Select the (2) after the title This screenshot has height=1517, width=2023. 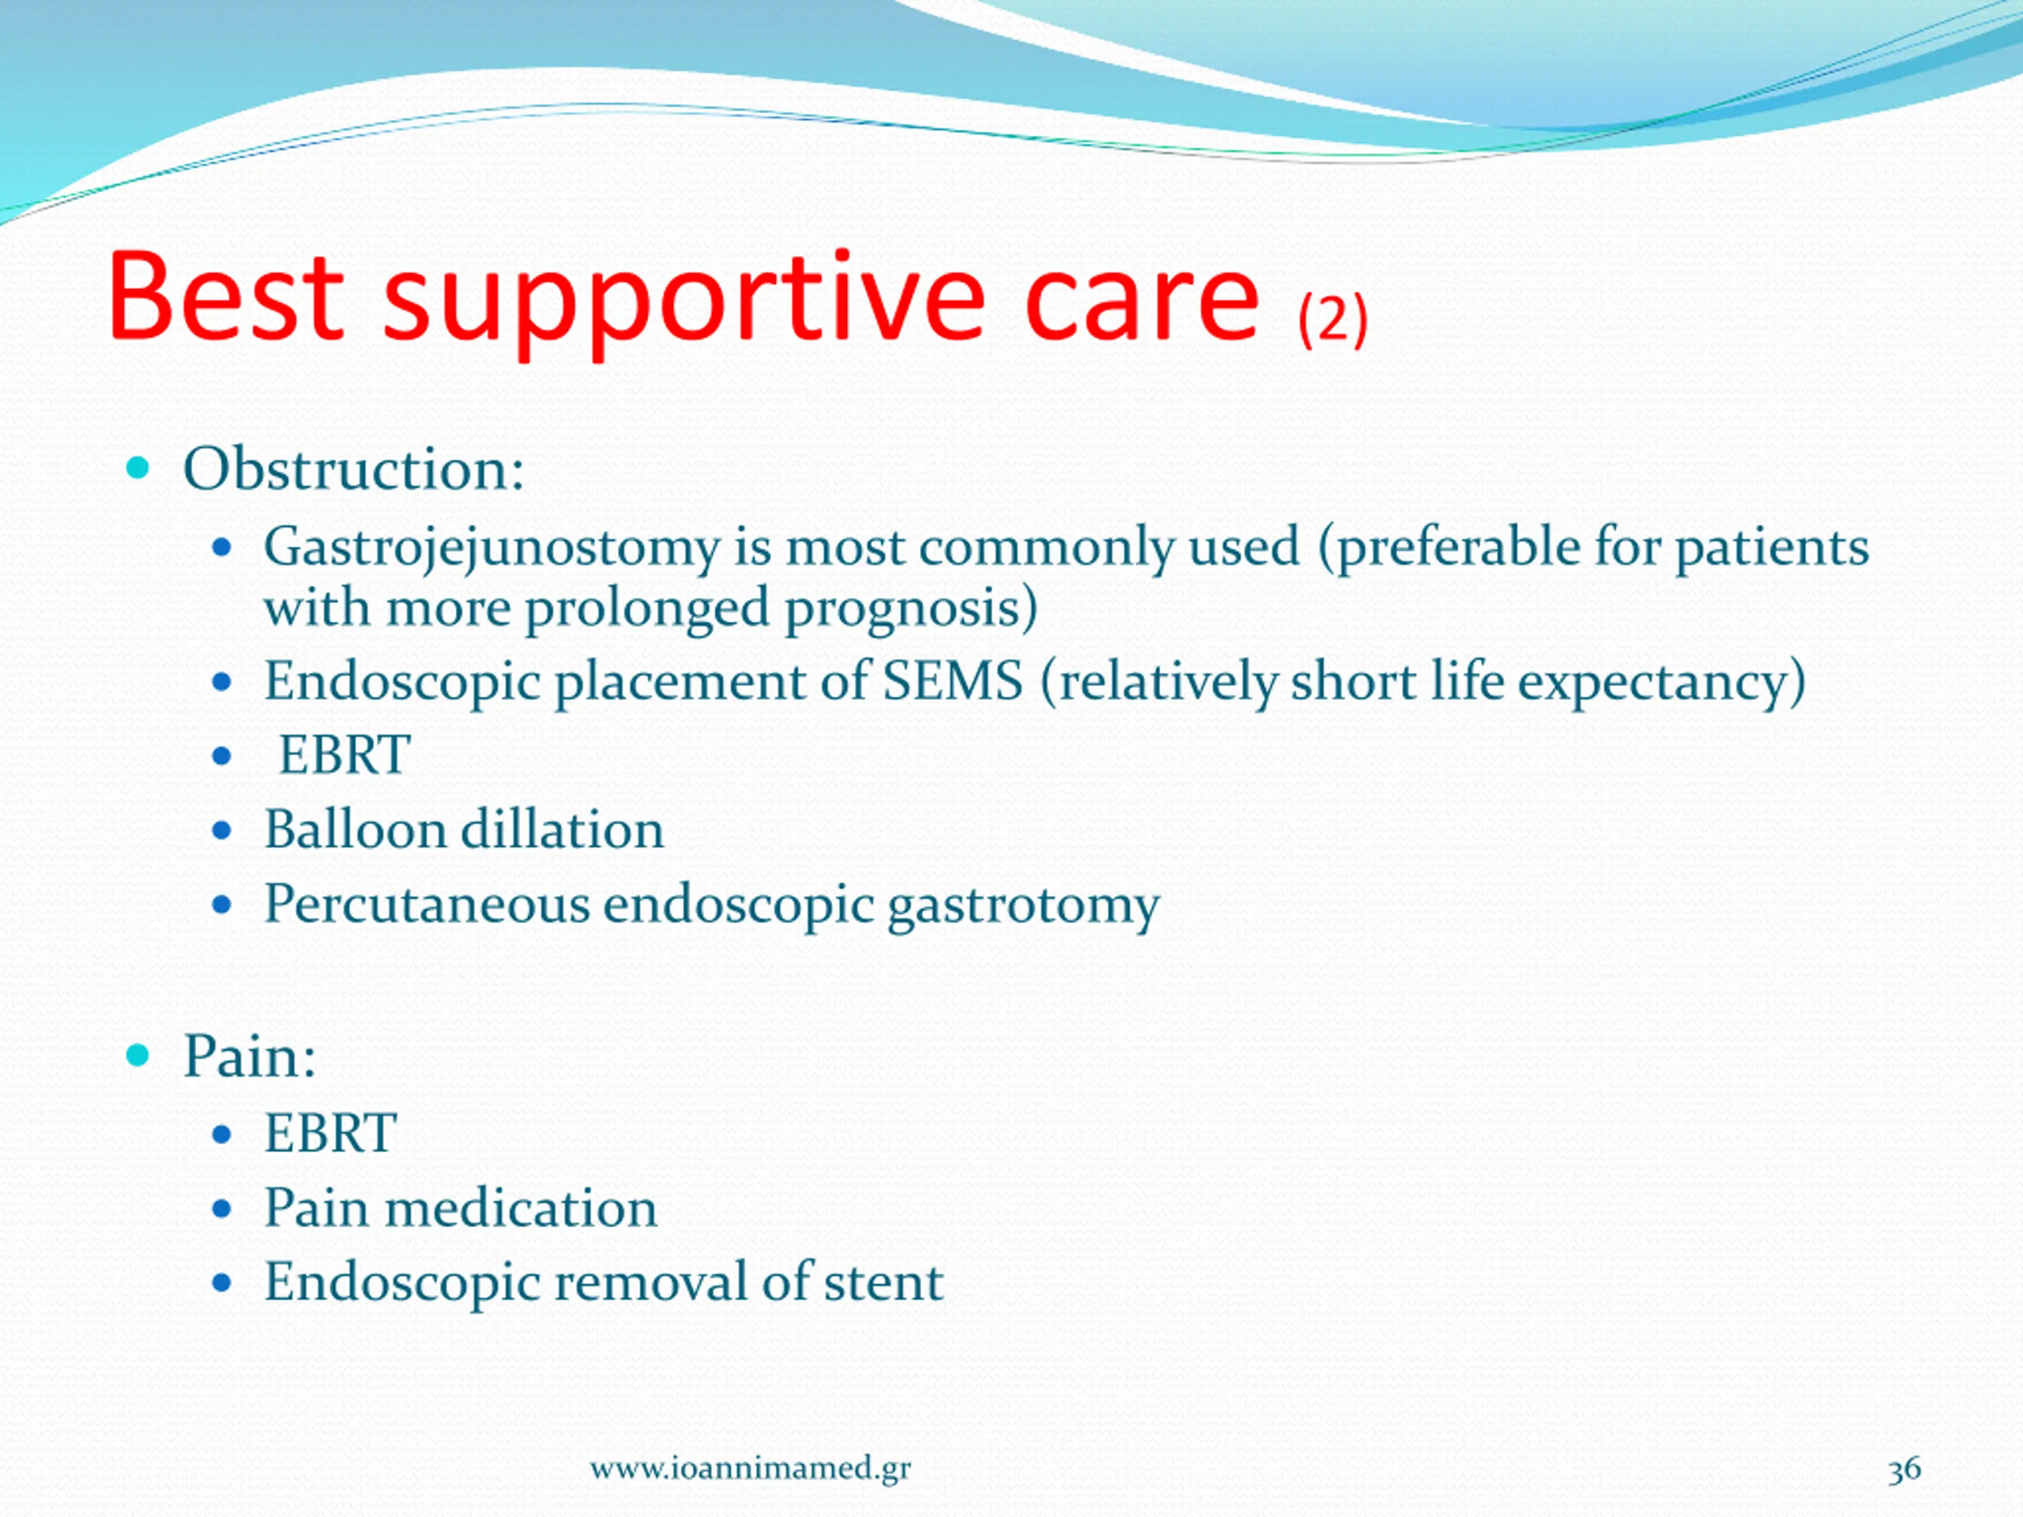click(1332, 320)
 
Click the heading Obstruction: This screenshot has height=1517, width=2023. click(354, 469)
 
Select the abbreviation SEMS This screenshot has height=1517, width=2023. click(953, 681)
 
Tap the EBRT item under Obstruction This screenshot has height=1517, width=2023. click(344, 755)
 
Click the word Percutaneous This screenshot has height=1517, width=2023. click(427, 905)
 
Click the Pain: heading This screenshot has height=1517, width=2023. click(250, 1057)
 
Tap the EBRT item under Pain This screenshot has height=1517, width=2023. click(330, 1134)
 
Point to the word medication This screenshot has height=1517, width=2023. click(521, 1208)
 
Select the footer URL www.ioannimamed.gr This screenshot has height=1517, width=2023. click(750, 1469)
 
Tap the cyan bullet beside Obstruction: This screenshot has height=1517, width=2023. click(138, 469)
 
